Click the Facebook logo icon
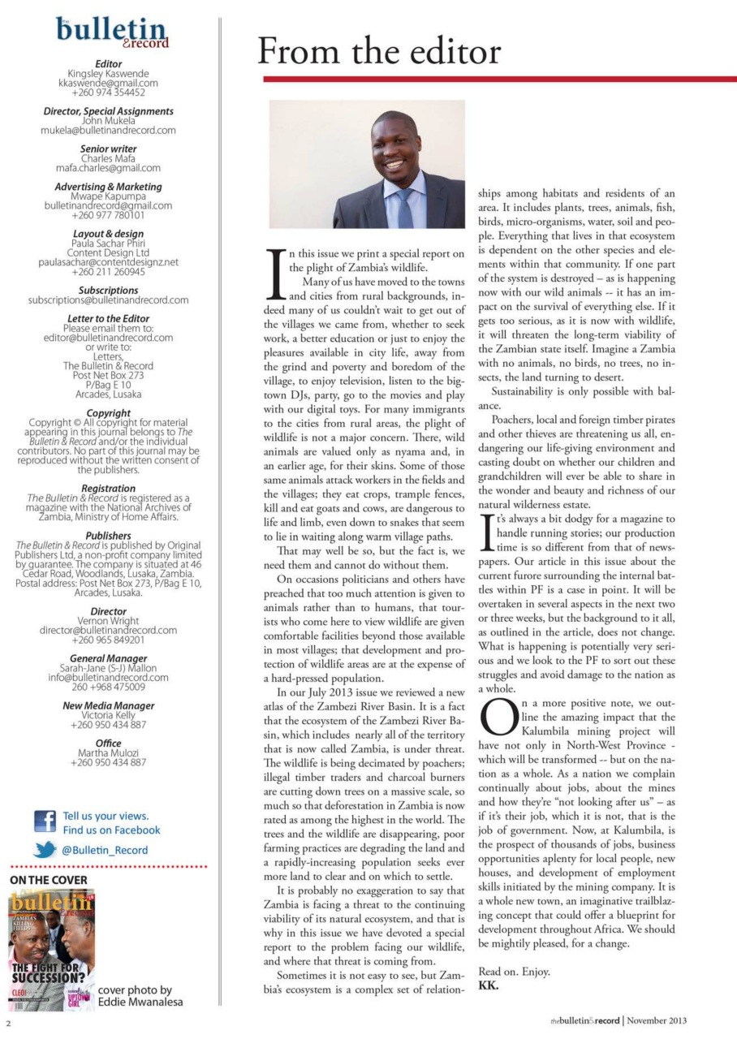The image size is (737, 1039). tap(45, 822)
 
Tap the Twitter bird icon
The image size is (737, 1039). tap(45, 851)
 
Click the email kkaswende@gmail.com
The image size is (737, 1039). tap(108, 83)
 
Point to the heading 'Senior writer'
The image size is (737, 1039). tap(108, 149)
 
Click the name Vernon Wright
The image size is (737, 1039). tap(108, 620)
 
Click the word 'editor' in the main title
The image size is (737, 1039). tap(446, 52)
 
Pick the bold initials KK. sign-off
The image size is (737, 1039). tap(488, 985)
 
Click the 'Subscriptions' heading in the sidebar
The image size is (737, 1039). tap(108, 290)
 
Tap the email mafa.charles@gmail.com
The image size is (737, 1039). tap(108, 168)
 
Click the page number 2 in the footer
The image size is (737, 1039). tap(8, 1021)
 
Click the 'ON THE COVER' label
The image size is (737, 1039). tap(48, 879)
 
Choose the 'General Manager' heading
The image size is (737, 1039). tap(108, 658)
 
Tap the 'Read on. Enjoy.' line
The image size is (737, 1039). tap(514, 972)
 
